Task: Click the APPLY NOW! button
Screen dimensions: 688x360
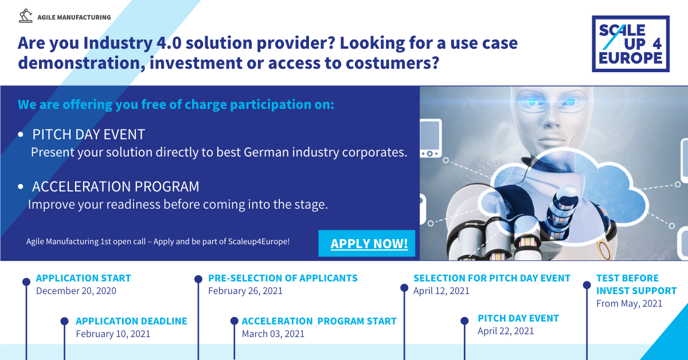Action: tap(367, 243)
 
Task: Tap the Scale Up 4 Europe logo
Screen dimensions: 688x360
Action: tap(631, 44)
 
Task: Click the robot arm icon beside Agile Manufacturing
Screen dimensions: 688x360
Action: tap(25, 15)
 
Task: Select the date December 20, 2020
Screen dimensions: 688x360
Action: tap(76, 291)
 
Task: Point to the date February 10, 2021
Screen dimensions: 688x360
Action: tap(113, 334)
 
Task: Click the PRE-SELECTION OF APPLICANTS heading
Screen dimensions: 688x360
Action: tap(283, 278)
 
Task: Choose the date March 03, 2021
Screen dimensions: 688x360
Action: tap(273, 334)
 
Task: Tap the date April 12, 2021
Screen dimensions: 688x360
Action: tap(441, 291)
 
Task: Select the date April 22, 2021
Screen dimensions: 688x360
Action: tap(506, 331)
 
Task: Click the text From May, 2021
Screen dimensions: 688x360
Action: tap(630, 303)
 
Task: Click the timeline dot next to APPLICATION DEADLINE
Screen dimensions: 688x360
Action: tap(64, 321)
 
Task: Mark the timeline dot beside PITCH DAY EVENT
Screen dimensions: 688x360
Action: tap(464, 321)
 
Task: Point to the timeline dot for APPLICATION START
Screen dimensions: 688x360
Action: tap(26, 281)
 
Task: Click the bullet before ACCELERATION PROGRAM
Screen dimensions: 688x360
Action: tap(21, 186)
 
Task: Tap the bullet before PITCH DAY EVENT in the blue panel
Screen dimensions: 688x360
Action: tap(21, 134)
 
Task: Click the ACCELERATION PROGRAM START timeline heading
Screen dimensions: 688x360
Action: tap(319, 321)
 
